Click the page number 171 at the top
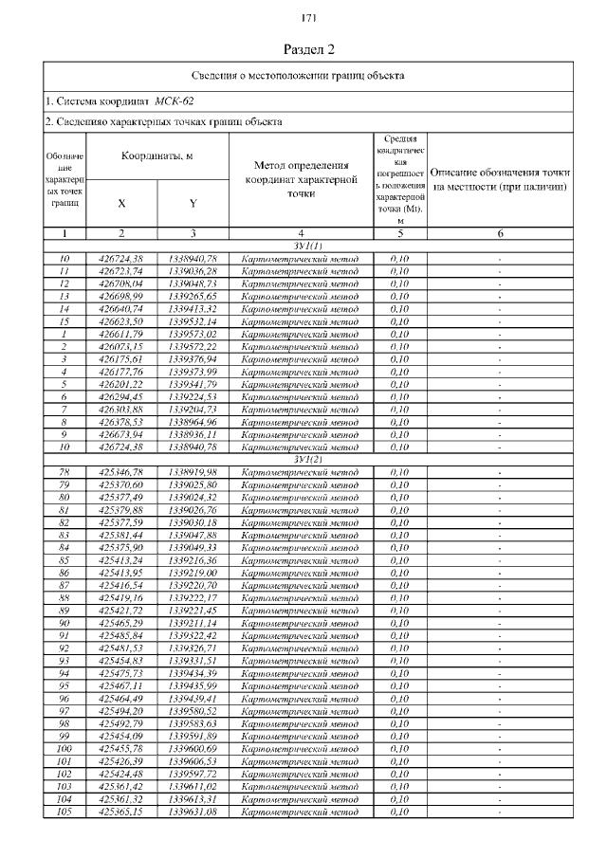pos(308,19)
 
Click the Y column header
pos(193,202)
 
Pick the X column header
pos(121,202)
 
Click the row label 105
pos(64,812)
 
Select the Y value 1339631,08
pos(193,812)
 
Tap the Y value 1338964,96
pos(193,423)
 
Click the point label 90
pos(64,623)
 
